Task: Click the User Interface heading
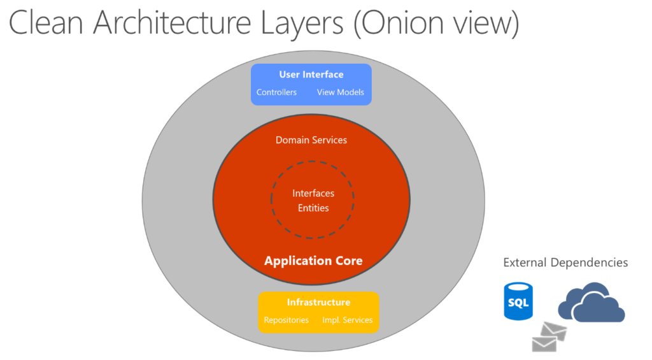(x=311, y=75)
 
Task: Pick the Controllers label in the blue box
(x=276, y=92)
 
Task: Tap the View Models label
(x=341, y=92)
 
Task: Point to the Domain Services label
(x=311, y=140)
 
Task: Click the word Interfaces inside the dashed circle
(x=313, y=193)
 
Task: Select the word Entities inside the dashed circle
(x=313, y=208)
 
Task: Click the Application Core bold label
(x=313, y=261)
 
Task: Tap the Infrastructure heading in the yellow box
(x=318, y=302)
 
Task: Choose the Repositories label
(x=287, y=320)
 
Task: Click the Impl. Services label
(x=347, y=320)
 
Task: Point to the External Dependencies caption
(x=565, y=263)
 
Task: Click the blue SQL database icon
(x=518, y=301)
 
